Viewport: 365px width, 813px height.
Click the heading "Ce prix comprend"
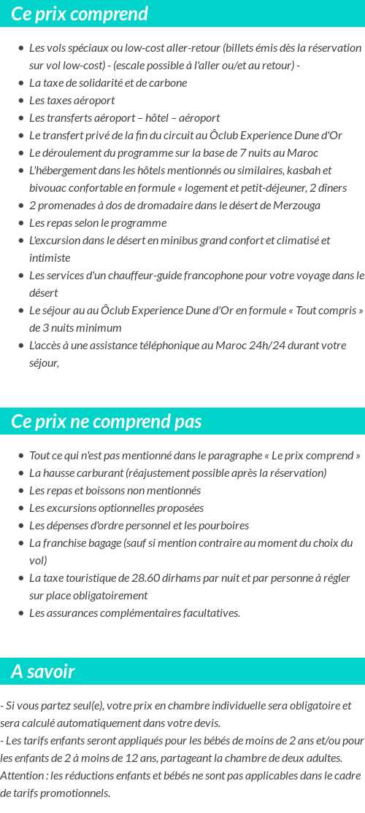click(80, 14)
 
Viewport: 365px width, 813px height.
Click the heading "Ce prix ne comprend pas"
click(107, 421)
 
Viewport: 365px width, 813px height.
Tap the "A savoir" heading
click(43, 672)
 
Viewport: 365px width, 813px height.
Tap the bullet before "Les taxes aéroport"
click(21, 101)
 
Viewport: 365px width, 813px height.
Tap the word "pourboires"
click(223, 526)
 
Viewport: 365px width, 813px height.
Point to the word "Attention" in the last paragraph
click(21, 776)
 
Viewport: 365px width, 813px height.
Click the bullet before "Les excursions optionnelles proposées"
click(21, 508)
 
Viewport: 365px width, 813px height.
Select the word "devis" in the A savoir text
click(205, 723)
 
